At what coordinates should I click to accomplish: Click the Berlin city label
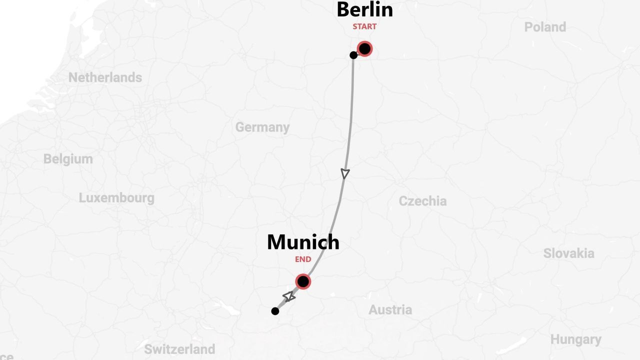pos(364,9)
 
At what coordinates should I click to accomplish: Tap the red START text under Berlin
pos(364,26)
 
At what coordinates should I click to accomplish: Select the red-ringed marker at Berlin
pos(364,48)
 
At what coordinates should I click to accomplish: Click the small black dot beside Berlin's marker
pos(353,55)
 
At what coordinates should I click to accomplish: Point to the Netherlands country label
pos(105,77)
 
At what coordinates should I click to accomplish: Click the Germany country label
pos(262,127)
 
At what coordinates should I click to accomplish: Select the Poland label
pos(545,27)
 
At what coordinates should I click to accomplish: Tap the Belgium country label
pos(68,159)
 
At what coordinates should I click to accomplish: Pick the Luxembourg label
pos(116,197)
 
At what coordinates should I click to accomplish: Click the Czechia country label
pos(422,201)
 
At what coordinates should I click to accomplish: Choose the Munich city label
pos(303,242)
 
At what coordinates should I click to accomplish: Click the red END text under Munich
pos(303,259)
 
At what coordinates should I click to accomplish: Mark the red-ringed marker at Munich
pos(303,281)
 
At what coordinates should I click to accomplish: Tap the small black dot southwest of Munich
pos(275,311)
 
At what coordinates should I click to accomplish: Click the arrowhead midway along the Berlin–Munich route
pos(345,173)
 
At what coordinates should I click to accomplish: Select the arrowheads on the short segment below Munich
pos(289,297)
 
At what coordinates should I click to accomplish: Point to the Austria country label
pos(390,310)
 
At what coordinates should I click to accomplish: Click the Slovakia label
pos(568,253)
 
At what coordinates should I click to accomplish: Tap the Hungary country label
pos(575,340)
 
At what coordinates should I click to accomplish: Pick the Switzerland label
pos(179,348)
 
